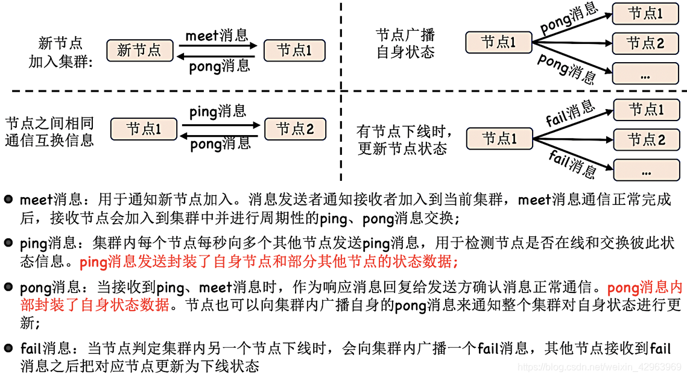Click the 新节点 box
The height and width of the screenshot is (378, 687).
(x=139, y=50)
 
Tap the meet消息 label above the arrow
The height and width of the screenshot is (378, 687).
(x=217, y=35)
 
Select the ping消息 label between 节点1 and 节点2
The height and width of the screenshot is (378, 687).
(x=218, y=111)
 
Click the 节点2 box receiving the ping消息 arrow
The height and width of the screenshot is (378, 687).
(x=295, y=128)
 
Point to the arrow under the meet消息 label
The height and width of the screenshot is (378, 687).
(x=218, y=46)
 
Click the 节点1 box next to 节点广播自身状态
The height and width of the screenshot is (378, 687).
(x=499, y=42)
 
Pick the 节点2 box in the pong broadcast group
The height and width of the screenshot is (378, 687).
(x=645, y=43)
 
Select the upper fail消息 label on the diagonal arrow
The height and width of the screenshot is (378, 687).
(x=570, y=114)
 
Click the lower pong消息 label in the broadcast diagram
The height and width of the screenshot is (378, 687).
(x=566, y=68)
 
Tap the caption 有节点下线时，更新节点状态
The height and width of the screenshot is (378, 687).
(x=405, y=139)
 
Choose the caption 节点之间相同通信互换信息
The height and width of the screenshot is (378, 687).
(x=49, y=131)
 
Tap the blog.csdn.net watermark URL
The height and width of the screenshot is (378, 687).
(x=600, y=367)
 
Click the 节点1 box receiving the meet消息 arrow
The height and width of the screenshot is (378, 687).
(x=294, y=50)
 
